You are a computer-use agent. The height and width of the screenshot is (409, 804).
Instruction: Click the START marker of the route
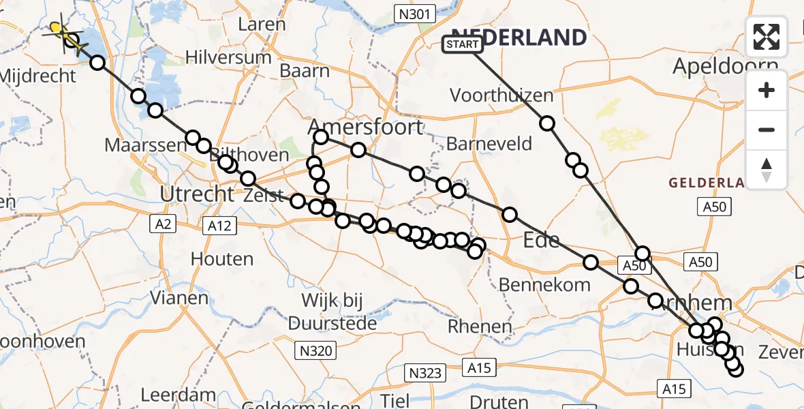463,44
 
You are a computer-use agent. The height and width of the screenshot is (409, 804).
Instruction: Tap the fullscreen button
767,36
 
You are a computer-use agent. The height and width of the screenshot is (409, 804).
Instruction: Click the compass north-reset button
767,170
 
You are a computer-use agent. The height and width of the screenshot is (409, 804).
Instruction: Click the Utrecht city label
197,194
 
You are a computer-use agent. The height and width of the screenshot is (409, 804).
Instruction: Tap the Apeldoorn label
725,66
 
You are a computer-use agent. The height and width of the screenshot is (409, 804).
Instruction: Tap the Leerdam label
179,395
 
